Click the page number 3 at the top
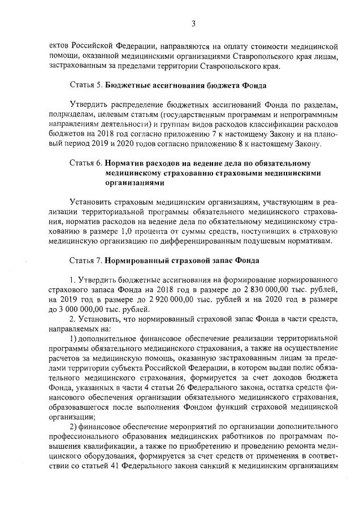[x=193, y=23]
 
